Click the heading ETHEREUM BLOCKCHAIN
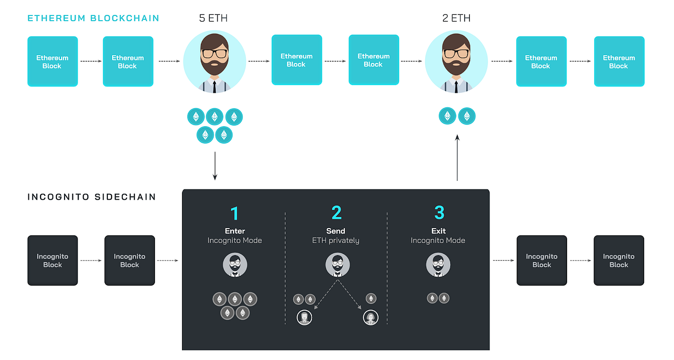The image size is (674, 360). (x=93, y=19)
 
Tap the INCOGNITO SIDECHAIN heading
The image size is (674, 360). (x=91, y=197)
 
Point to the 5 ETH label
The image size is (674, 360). (x=213, y=19)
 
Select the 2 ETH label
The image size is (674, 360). (x=456, y=19)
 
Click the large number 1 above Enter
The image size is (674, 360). (x=234, y=213)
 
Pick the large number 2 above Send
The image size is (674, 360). (x=336, y=213)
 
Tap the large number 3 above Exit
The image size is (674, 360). (x=438, y=213)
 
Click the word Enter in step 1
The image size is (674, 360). (x=235, y=231)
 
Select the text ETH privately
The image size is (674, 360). (x=336, y=240)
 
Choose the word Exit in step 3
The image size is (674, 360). (x=438, y=231)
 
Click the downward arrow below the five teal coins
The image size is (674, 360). (x=215, y=166)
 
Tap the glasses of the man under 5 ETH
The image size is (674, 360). (x=215, y=53)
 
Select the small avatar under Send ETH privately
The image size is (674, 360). (x=337, y=265)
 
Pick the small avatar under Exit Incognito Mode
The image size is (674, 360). (x=438, y=265)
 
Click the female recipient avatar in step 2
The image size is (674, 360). (x=370, y=317)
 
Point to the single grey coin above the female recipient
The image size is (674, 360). (x=371, y=298)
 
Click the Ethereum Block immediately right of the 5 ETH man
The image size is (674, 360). (x=297, y=60)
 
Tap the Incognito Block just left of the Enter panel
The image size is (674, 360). (x=130, y=260)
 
